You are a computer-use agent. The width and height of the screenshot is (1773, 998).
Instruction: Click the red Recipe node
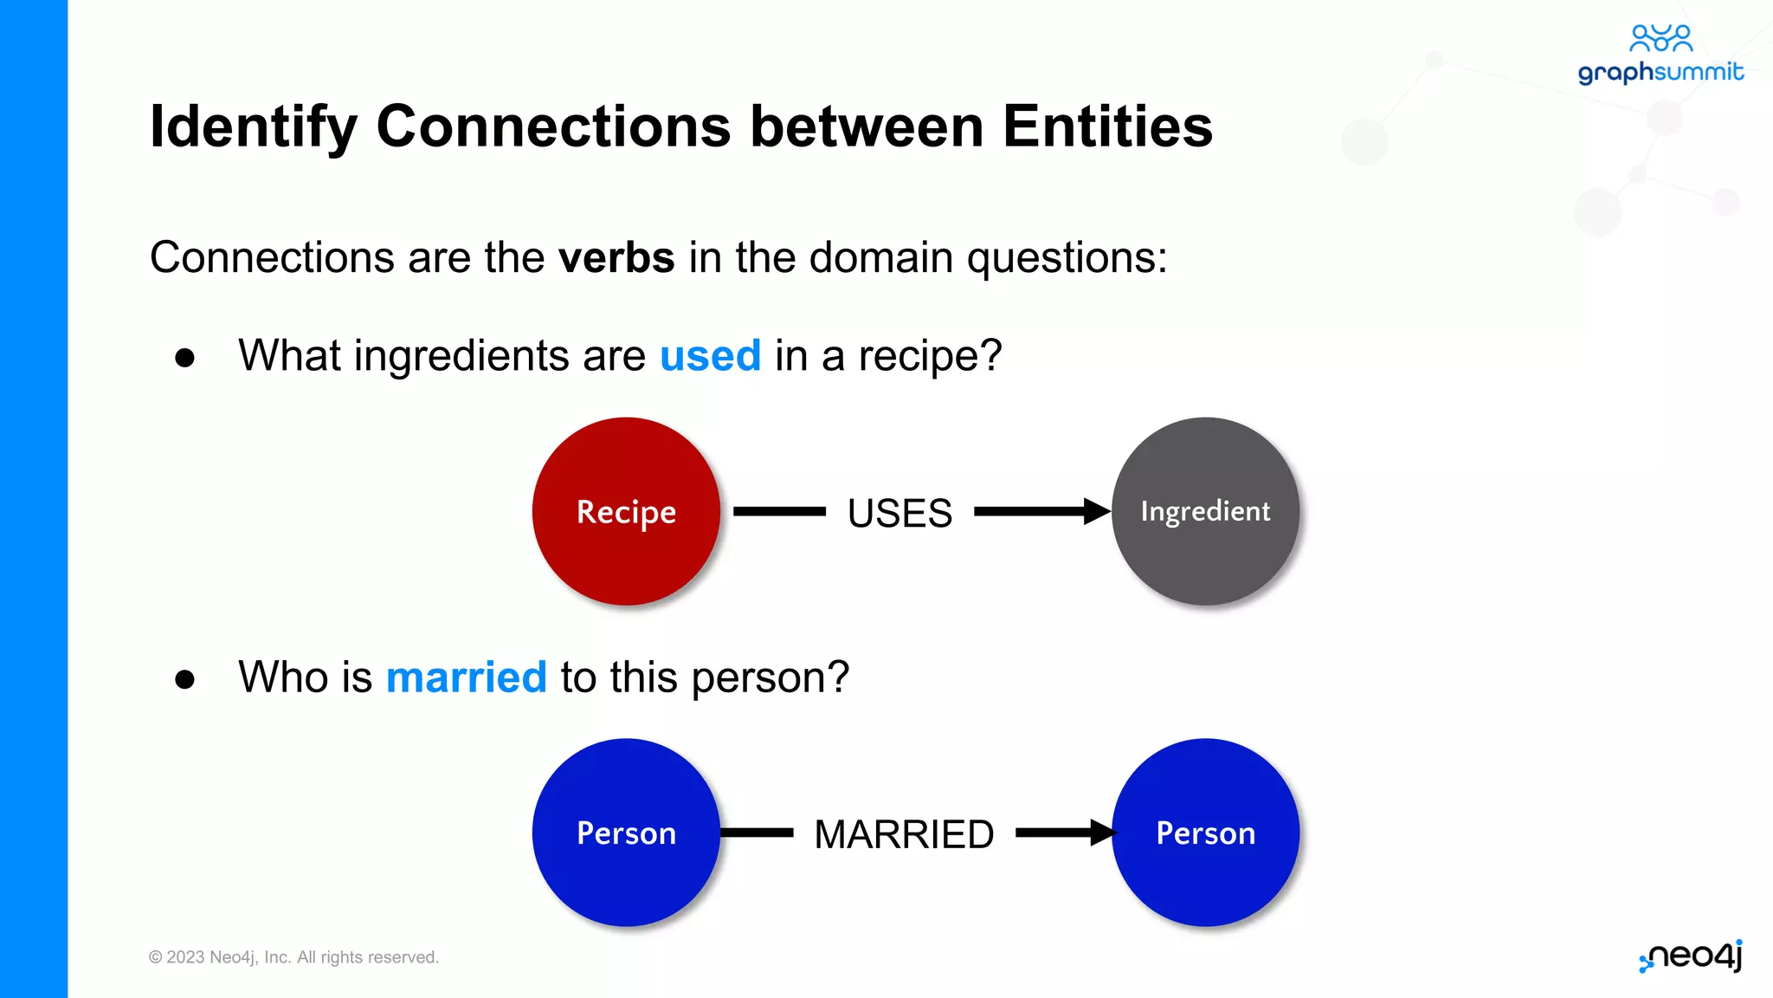coord(626,511)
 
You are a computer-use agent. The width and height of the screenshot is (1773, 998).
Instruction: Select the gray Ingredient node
coord(1205,511)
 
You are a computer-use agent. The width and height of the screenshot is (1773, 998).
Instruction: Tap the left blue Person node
coord(626,833)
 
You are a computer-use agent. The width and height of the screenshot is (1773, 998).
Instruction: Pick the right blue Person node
coord(1205,833)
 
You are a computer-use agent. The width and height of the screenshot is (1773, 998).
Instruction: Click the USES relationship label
coord(899,513)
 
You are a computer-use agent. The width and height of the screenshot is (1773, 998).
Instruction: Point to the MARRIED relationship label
coord(904,834)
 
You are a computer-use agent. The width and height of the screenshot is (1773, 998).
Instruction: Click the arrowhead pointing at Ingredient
coord(1096,511)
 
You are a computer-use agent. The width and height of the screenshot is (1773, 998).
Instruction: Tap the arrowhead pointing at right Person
coord(1102,833)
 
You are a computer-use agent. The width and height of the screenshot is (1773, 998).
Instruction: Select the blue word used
coord(710,356)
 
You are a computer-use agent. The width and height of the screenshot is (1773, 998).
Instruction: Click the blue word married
coord(466,677)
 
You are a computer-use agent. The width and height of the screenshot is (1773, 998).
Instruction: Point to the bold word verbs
coord(616,258)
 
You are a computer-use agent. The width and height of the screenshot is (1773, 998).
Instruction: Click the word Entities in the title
coord(1107,127)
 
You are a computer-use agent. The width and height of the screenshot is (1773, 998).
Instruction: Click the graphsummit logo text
coord(1660,73)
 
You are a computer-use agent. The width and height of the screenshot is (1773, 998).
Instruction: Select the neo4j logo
coord(1691,956)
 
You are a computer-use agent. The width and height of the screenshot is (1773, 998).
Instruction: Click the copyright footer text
coord(293,957)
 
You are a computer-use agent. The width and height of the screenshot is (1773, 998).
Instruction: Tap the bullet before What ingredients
coord(184,358)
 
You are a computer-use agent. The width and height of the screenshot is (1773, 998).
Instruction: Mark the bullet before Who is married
coord(184,679)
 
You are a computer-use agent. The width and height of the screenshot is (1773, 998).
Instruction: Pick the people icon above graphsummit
coord(1660,37)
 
